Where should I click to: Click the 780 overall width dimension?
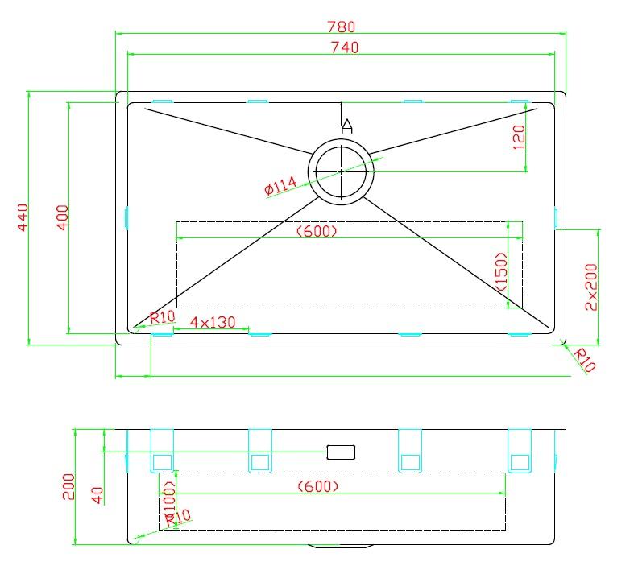click(341, 27)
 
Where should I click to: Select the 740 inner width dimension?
click(345, 47)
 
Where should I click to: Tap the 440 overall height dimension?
click(23, 217)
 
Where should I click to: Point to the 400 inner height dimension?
click(62, 217)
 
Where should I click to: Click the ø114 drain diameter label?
click(280, 186)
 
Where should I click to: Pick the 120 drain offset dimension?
click(518, 138)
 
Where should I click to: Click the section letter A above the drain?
click(347, 126)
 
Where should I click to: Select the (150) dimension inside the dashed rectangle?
click(501, 271)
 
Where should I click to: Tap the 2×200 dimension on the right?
click(590, 287)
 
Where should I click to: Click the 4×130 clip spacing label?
click(213, 322)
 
